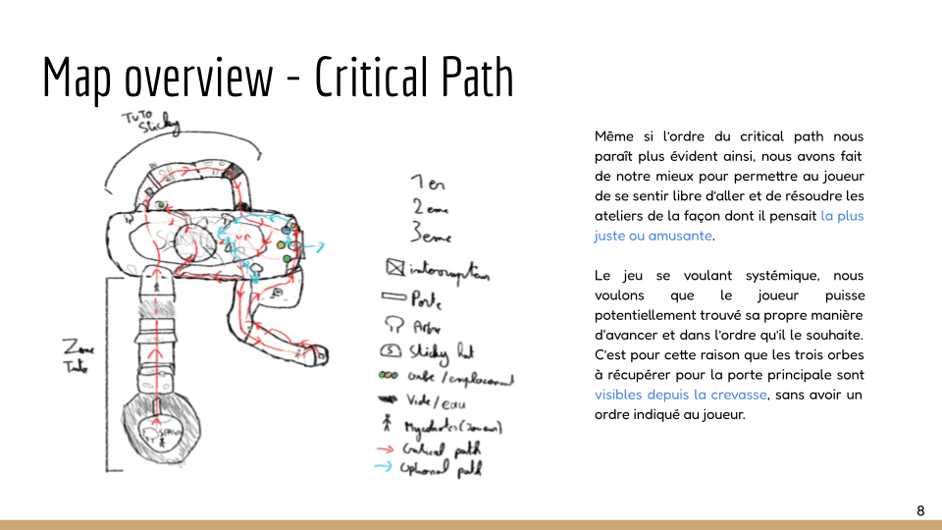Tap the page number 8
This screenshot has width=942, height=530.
[x=920, y=510]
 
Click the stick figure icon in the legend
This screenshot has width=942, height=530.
[x=390, y=425]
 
